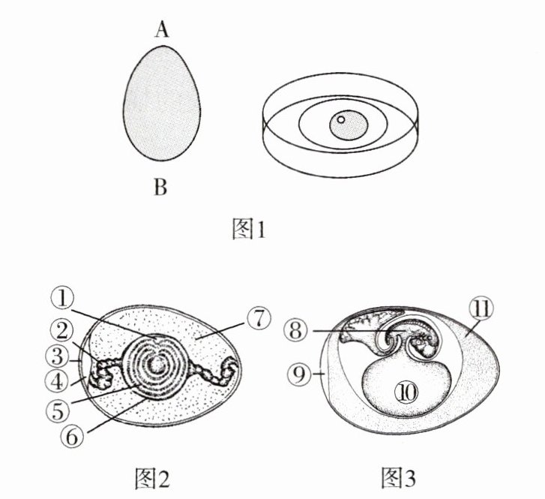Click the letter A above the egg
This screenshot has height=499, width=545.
click(161, 30)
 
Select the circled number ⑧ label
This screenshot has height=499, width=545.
click(297, 329)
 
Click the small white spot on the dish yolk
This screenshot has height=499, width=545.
click(340, 119)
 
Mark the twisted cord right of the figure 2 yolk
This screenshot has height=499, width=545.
click(212, 371)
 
